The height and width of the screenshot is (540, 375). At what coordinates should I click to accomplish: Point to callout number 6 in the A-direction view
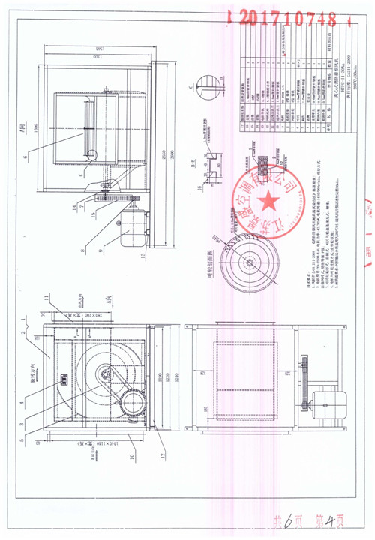coord(25,157)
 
